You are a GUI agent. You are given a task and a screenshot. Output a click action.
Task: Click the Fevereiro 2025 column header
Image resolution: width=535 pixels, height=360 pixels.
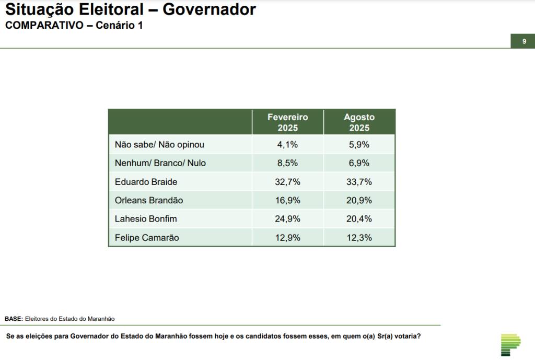pyautogui.click(x=287, y=122)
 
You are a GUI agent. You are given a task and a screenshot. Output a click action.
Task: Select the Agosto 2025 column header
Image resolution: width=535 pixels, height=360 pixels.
pyautogui.click(x=359, y=122)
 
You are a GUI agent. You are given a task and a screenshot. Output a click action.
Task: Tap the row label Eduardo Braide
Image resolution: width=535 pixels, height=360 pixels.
pyautogui.click(x=146, y=182)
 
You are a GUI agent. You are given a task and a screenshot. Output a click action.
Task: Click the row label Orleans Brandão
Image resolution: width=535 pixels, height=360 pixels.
pyautogui.click(x=149, y=200)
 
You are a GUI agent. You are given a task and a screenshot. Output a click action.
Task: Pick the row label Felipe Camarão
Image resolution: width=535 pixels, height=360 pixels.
pyautogui.click(x=147, y=238)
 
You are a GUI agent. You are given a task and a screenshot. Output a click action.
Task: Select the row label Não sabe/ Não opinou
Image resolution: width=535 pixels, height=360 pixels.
pyautogui.click(x=159, y=144)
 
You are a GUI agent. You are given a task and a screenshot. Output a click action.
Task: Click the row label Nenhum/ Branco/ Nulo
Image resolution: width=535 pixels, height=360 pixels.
pyautogui.click(x=160, y=163)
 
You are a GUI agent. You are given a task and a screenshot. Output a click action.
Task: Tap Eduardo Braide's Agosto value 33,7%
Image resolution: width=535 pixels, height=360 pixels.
pyautogui.click(x=359, y=182)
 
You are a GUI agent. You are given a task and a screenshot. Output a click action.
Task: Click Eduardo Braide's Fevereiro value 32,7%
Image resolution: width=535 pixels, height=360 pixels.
pyautogui.click(x=287, y=182)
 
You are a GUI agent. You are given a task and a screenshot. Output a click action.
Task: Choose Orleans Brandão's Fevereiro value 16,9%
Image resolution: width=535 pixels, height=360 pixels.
pyautogui.click(x=287, y=200)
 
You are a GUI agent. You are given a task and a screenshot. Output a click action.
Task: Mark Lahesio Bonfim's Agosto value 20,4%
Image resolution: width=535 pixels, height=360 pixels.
pyautogui.click(x=359, y=219)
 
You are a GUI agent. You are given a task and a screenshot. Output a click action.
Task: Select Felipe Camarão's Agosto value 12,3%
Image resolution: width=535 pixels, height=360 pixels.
pyautogui.click(x=359, y=238)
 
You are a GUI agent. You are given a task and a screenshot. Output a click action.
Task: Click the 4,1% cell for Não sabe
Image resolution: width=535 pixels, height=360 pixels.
pyautogui.click(x=287, y=144)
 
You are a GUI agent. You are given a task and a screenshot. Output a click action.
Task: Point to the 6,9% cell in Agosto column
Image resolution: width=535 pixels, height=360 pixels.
pyautogui.click(x=359, y=163)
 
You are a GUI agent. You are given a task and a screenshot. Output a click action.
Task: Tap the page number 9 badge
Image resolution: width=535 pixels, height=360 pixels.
pyautogui.click(x=523, y=41)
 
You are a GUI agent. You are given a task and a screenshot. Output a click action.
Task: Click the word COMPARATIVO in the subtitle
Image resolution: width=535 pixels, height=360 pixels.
pyautogui.click(x=44, y=25)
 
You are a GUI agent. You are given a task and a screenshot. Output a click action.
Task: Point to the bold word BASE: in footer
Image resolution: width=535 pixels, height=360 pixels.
pyautogui.click(x=14, y=318)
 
